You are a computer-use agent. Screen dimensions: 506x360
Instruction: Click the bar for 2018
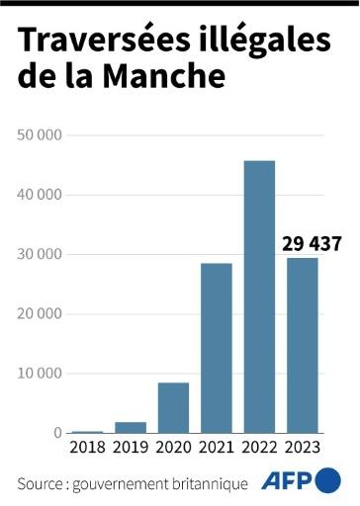[x=87, y=432]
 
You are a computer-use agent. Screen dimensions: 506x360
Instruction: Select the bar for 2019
[x=130, y=428]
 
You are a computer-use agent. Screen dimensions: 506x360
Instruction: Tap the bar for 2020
[x=173, y=408]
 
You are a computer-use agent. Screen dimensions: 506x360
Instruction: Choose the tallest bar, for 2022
[x=259, y=296]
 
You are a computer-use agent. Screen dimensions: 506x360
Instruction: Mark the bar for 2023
[x=303, y=345]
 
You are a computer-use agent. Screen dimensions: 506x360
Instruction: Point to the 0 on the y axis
[x=58, y=433]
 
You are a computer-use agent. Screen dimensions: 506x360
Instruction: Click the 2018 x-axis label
[x=87, y=450]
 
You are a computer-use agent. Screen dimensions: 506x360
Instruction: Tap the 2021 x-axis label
[x=216, y=450]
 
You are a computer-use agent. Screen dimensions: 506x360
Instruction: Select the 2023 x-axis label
[x=303, y=450]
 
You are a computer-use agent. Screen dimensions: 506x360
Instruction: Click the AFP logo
[x=301, y=482]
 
